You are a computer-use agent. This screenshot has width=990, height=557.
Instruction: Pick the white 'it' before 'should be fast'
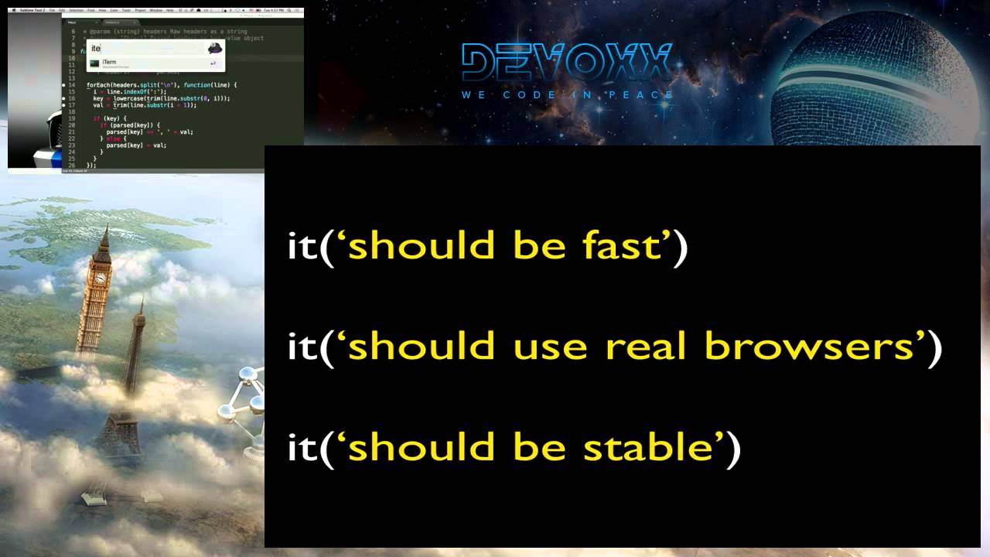pyautogui.click(x=302, y=245)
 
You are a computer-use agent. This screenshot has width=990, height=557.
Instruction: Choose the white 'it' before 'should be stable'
pyautogui.click(x=302, y=446)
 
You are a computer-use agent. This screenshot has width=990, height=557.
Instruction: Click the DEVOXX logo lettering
pyautogui.click(x=567, y=62)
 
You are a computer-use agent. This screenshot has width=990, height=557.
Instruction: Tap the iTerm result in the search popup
pyautogui.click(x=109, y=62)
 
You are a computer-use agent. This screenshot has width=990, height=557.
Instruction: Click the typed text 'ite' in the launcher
pyautogui.click(x=96, y=48)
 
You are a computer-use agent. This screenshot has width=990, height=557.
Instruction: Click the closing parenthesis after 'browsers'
pyautogui.click(x=934, y=346)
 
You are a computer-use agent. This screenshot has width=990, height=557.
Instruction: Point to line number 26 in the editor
pyautogui.click(x=71, y=166)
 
